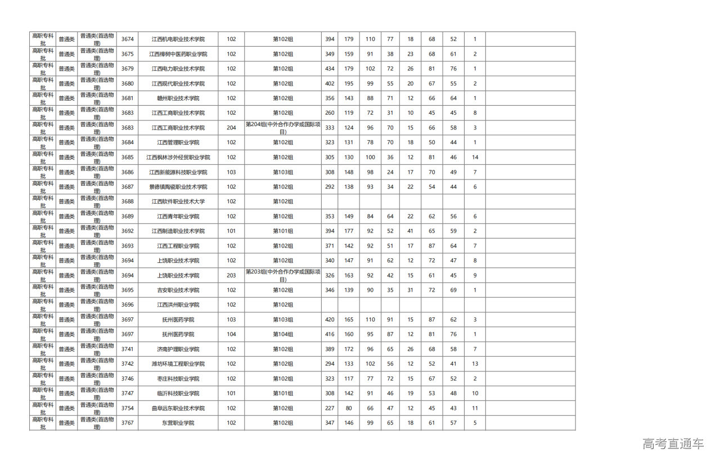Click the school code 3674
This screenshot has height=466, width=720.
pos(128,39)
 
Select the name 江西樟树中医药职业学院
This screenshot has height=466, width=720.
pos(178,54)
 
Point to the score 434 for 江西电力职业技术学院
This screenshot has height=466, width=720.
pos(330,69)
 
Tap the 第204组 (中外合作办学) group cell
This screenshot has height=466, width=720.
pos(283,128)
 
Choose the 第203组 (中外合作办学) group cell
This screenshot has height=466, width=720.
pos(283,275)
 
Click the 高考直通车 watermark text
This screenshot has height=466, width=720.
pos(673,444)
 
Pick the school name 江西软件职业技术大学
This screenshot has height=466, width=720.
pos(178,201)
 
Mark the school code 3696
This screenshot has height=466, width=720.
pos(128,305)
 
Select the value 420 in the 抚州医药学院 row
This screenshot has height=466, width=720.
pos(330,320)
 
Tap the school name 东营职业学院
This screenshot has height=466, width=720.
pos(178,423)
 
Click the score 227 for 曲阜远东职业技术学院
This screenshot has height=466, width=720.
pos(330,408)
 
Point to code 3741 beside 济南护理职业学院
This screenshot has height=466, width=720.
pos(128,349)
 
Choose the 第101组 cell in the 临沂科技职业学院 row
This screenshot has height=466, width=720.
pos(283,393)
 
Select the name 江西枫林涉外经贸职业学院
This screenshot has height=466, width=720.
pos(178,158)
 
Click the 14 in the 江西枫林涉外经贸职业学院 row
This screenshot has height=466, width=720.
pos(475,158)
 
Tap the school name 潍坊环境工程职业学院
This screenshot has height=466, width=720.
pos(178,364)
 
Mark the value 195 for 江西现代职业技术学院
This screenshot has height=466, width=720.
pos(349,83)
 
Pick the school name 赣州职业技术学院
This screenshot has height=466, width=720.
pos(178,98)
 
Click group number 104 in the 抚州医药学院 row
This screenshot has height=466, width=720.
pos(231,334)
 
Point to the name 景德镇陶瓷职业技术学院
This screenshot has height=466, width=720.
pos(178,187)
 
